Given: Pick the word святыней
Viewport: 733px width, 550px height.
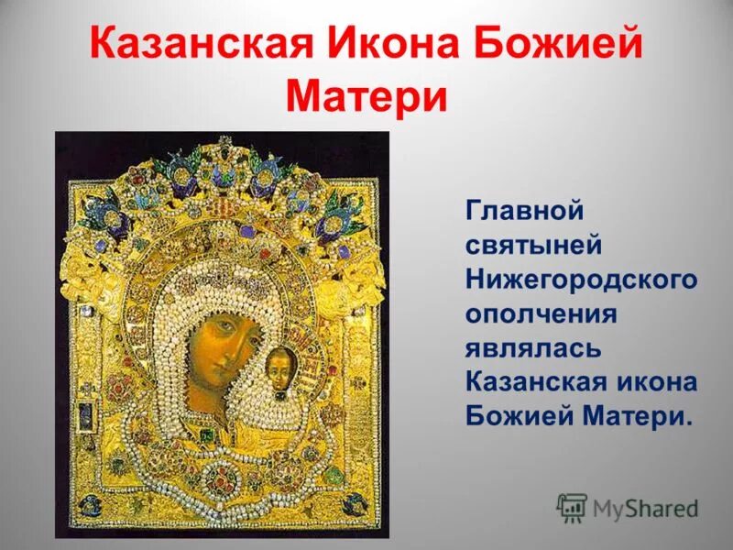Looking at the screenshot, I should [534, 246].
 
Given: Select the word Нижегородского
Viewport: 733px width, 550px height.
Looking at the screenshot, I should [582, 280].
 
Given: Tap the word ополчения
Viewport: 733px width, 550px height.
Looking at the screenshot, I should [541, 314].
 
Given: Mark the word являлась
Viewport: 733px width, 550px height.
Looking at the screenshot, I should [533, 348].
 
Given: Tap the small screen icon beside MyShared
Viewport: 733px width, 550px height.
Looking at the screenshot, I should [572, 507].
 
